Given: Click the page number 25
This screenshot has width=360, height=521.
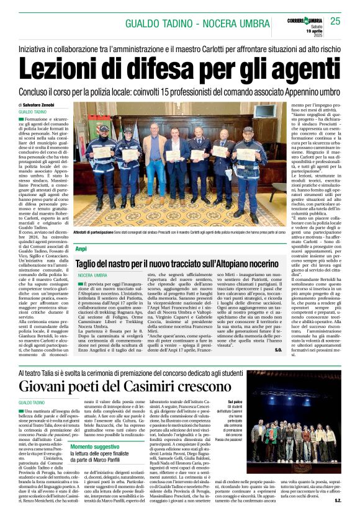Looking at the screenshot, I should click(336, 21).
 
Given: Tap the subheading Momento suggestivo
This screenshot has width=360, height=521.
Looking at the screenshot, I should click(95, 447).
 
